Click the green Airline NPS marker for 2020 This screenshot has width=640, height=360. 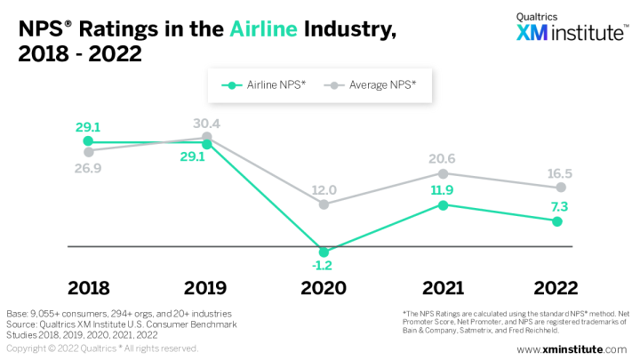pyautogui.click(x=324, y=252)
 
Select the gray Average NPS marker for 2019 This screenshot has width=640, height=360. pyautogui.click(x=206, y=137)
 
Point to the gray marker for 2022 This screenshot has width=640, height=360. pyautogui.click(x=560, y=188)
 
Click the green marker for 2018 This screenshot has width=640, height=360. pyautogui.click(x=87, y=141)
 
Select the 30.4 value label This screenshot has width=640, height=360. pyautogui.click(x=206, y=124)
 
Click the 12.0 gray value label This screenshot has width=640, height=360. pyautogui.click(x=324, y=189)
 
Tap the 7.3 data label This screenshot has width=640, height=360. pyautogui.click(x=559, y=206)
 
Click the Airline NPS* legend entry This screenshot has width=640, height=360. pyautogui.click(x=265, y=85)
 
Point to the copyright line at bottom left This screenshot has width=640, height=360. pyautogui.click(x=102, y=348)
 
